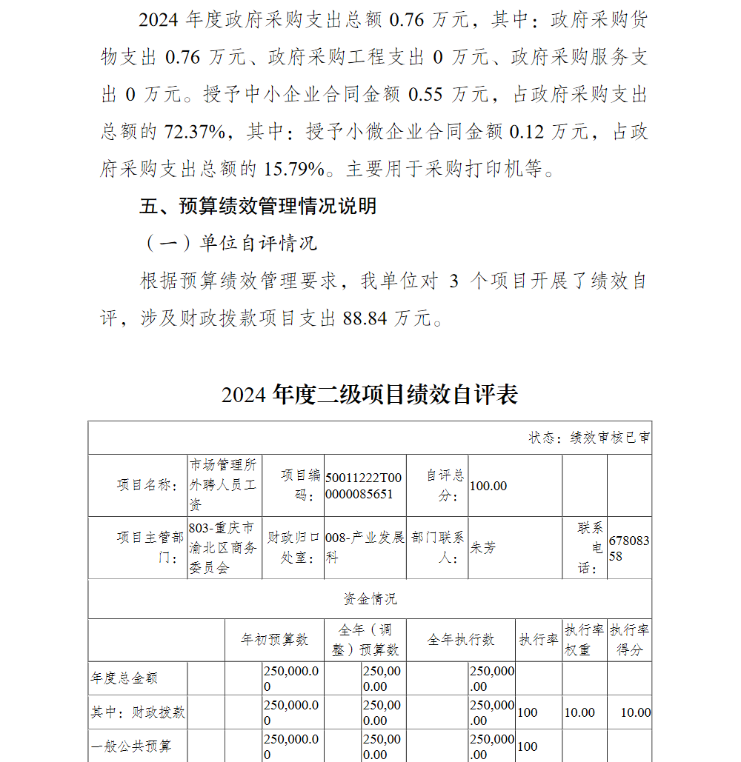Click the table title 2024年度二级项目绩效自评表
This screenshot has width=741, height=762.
369,395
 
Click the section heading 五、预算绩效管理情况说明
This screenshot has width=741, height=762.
258,206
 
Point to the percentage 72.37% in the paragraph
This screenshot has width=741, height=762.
195,132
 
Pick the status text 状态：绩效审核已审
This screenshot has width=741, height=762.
589,438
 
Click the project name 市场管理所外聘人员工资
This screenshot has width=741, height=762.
223,485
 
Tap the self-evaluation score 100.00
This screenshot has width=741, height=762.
489,486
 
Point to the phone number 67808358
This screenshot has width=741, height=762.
628,548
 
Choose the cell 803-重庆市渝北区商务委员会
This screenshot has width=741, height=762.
222,548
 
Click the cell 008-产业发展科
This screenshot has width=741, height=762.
365,547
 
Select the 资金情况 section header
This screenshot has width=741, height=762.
370,598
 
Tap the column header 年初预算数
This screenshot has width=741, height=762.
275,640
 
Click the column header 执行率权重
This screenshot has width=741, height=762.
585,640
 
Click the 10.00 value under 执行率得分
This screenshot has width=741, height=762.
635,712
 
